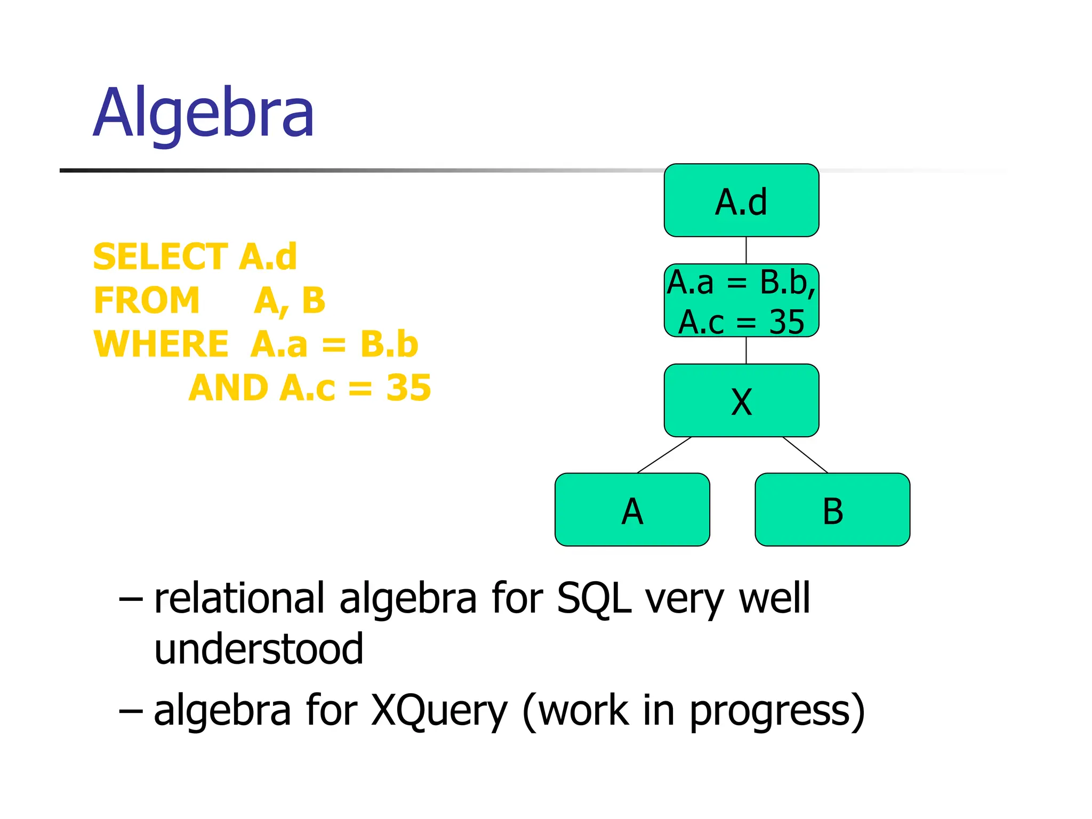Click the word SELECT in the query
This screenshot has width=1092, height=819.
point(160,256)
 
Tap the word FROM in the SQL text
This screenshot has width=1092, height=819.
point(147,300)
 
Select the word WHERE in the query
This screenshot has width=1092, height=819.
point(161,344)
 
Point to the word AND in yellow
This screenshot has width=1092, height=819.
point(228,388)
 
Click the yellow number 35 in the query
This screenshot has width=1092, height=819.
point(408,388)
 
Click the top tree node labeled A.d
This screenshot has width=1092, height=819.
point(741,200)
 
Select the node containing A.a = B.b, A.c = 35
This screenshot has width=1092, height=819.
point(741,301)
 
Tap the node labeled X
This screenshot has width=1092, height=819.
point(741,401)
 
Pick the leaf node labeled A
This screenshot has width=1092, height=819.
point(632,510)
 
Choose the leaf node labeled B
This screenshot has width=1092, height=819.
point(832,510)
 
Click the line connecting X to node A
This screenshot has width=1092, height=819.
point(664,455)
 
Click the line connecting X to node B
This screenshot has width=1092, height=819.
point(805,455)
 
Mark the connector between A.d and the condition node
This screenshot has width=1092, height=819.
point(746,250)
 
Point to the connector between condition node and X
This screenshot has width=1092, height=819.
point(746,350)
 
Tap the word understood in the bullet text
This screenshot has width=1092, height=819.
point(259,649)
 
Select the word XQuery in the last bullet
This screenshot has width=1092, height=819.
point(439,711)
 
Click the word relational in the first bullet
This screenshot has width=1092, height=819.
point(239,598)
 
